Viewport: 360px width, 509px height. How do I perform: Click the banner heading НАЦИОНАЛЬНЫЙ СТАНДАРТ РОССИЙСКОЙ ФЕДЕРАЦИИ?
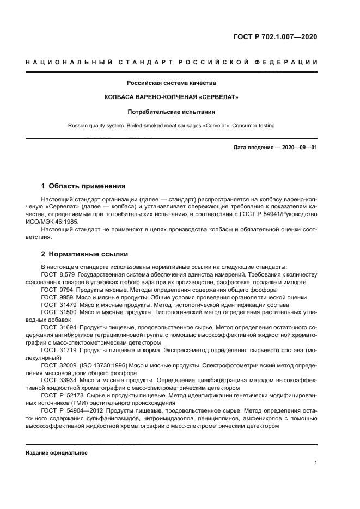172,62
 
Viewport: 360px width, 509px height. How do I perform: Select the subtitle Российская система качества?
172,83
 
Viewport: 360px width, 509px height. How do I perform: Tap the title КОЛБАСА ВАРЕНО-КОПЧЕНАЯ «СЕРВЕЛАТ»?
172,97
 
